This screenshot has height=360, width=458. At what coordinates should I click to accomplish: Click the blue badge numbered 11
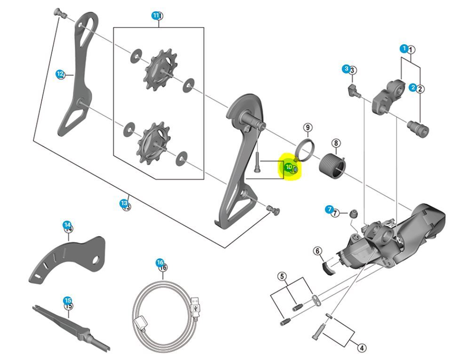coord(156,16)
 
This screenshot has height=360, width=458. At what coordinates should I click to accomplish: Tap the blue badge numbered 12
coord(60,74)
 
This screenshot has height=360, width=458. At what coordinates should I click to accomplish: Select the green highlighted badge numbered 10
coord(289,167)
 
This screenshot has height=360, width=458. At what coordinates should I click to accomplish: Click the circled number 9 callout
coord(307,128)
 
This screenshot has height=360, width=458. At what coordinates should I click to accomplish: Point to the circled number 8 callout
coord(336,143)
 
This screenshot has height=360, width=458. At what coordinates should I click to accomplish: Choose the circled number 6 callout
coord(318,251)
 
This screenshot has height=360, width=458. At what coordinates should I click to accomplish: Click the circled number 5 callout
coord(282,276)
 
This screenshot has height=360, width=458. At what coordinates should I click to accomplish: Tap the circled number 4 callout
coord(361,348)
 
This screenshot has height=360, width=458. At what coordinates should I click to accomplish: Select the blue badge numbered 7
coord(329,210)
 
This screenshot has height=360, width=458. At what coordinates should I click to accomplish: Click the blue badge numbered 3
coord(347,69)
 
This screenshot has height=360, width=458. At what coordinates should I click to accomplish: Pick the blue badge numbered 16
coord(160,263)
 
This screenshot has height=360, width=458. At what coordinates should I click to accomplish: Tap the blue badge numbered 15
coord(68,300)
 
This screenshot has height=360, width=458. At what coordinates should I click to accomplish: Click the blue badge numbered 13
coord(124,203)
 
